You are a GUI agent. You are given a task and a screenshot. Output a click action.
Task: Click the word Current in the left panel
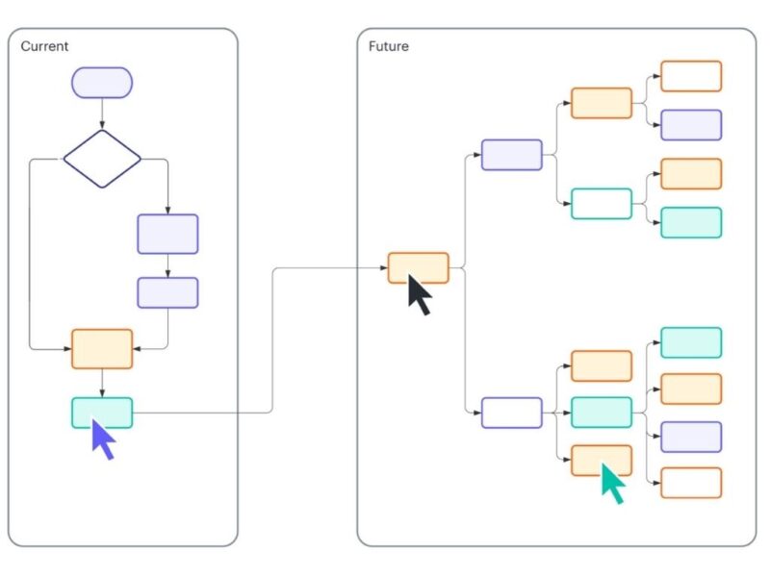[44, 46]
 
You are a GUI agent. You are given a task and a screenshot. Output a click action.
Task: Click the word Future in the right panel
[388, 46]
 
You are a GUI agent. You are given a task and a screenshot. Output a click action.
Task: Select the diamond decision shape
[102, 159]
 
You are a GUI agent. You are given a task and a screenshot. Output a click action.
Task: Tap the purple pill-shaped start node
[102, 83]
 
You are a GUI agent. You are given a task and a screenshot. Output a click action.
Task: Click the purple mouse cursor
[103, 439]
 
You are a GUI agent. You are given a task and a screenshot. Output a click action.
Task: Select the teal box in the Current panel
[102, 413]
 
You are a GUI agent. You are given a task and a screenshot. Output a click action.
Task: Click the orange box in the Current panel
[102, 349]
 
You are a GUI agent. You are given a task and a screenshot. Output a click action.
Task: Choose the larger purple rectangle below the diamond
[167, 234]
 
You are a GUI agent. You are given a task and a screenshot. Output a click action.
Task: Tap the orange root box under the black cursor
[418, 267]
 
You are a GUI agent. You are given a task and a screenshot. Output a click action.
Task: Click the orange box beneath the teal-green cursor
[602, 461]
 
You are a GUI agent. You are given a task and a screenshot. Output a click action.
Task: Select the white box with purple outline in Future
[511, 413]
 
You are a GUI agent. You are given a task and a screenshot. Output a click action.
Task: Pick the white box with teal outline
[602, 204]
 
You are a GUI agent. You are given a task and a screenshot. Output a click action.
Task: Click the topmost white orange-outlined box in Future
[690, 76]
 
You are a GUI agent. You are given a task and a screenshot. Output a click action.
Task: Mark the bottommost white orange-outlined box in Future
[690, 483]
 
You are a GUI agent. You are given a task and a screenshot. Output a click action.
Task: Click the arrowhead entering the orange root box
[384, 268]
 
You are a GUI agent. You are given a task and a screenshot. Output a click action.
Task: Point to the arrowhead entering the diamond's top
[102, 126]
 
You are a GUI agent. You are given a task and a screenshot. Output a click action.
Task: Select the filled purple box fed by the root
[511, 155]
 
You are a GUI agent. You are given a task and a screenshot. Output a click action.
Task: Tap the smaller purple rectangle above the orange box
[167, 292]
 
